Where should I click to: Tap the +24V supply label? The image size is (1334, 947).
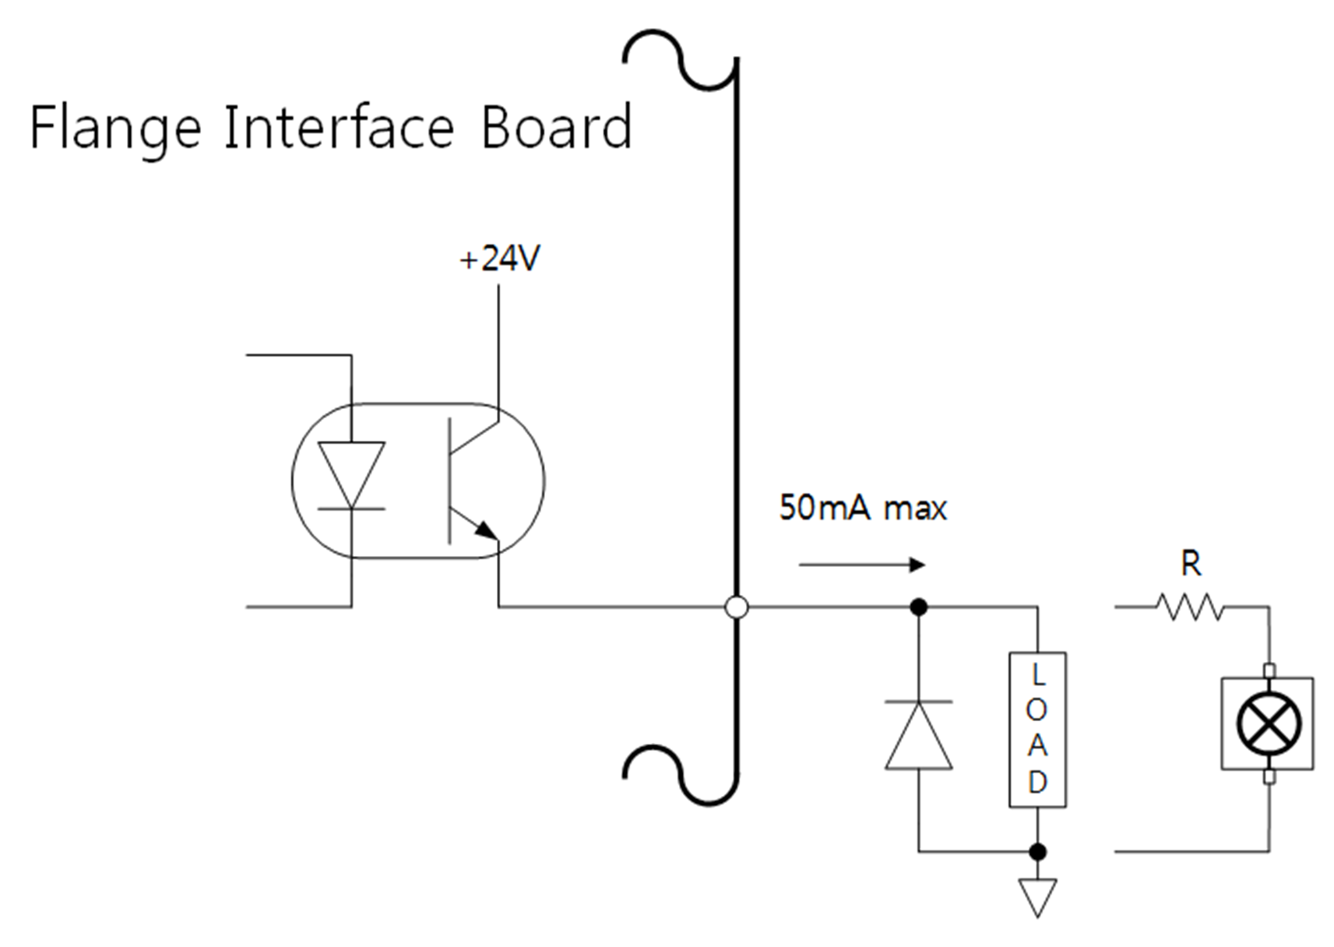tap(499, 259)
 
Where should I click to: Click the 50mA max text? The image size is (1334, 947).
tap(863, 509)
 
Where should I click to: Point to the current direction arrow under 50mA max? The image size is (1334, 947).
tap(862, 565)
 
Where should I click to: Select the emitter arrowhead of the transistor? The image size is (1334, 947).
tap(486, 530)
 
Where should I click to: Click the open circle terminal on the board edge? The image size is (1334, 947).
tap(736, 607)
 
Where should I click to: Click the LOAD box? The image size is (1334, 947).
tap(1037, 730)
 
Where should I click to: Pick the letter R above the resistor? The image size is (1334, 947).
tap(1191, 563)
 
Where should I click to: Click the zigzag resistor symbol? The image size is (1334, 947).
tap(1189, 607)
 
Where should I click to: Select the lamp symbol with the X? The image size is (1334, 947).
tap(1269, 723)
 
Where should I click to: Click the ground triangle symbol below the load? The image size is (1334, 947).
tap(1037, 896)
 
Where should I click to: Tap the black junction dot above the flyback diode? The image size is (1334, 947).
tap(919, 607)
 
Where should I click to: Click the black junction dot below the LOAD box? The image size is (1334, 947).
tap(1037, 851)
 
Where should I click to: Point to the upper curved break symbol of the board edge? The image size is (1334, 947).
tap(679, 58)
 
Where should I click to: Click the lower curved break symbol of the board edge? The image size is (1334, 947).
tap(679, 773)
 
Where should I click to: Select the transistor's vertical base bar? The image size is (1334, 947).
tap(449, 481)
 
